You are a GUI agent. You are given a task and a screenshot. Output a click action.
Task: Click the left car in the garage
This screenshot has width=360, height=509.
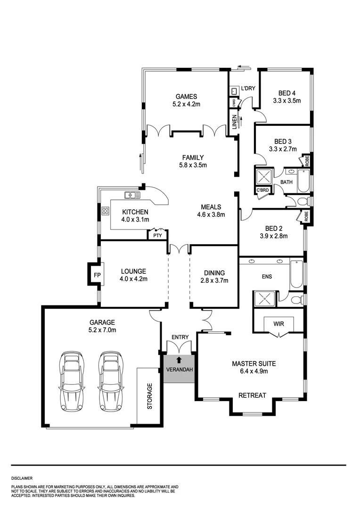72,381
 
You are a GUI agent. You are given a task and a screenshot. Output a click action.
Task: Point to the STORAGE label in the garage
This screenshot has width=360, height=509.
150,396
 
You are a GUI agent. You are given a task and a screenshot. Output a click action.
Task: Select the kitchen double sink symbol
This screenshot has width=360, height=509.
132,195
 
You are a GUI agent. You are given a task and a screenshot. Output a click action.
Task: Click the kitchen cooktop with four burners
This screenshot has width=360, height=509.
105,211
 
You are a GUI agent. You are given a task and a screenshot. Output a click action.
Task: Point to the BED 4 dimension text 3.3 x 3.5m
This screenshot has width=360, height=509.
286,100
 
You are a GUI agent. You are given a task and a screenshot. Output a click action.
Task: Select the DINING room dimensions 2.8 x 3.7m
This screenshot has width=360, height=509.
214,280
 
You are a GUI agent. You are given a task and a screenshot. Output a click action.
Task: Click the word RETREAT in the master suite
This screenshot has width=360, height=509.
252,395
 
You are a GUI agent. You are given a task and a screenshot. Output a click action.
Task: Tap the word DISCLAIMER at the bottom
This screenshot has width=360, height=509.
22,477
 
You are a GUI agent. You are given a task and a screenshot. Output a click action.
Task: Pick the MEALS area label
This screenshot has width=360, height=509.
211,207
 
